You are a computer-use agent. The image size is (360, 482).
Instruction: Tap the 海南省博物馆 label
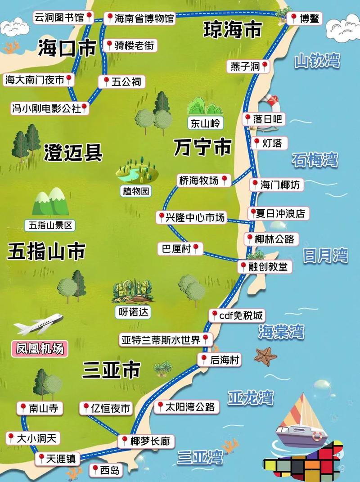click(x=139, y=18)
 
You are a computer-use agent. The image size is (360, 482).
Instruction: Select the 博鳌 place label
click(x=305, y=18)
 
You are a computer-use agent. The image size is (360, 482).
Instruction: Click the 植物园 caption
click(x=135, y=191)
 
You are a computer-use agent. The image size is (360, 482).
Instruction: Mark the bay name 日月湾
click(x=325, y=256)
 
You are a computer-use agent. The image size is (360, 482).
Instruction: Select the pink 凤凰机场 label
click(x=39, y=348)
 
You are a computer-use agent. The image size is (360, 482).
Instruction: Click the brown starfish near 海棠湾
click(x=265, y=356)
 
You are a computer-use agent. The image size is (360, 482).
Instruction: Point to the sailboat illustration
click(x=299, y=421)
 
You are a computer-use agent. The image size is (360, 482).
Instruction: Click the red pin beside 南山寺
click(x=22, y=408)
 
